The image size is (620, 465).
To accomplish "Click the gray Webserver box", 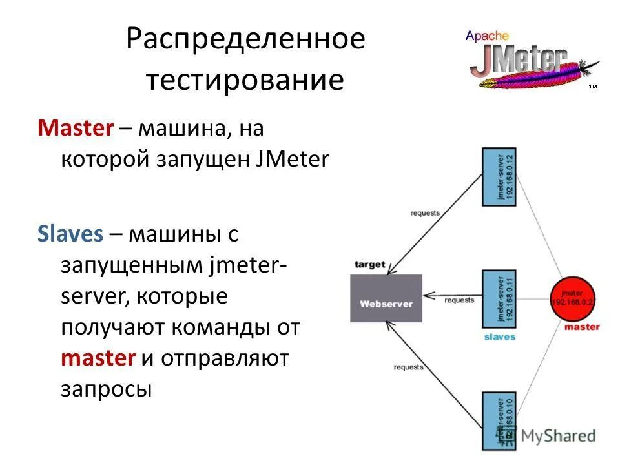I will point(386,298).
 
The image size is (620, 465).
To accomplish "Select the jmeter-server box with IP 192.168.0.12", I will point(499,176).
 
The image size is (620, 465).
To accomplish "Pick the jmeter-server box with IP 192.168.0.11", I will point(499,299).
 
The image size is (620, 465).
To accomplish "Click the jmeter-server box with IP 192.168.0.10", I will point(499,420).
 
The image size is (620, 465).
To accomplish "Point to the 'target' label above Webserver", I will point(370,265).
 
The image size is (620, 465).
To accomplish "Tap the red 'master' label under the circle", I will point(581,327).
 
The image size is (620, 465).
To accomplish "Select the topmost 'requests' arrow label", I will point(424,212).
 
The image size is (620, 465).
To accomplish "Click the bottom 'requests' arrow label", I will point(408,366).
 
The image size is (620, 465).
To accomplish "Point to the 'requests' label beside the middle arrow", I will point(459,300).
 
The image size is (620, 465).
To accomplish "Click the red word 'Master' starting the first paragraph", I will point(76,128).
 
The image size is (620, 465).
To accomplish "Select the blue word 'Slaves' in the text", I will point(70,233).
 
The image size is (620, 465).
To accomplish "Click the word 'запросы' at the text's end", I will point(107,389).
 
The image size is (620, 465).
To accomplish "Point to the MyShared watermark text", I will point(558,436).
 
